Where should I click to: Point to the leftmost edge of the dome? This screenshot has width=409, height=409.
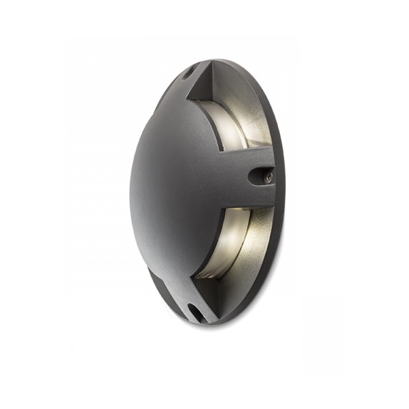(x=131, y=188)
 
